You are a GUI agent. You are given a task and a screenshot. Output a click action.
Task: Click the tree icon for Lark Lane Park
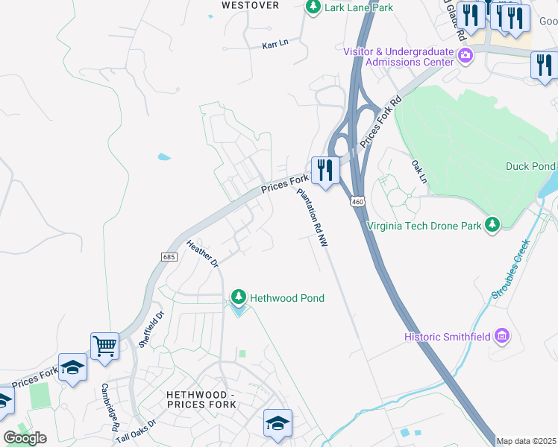tap(313, 7)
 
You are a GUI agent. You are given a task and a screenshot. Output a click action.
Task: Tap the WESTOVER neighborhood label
tap(251, 5)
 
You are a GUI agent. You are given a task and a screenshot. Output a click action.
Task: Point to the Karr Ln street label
tap(275, 45)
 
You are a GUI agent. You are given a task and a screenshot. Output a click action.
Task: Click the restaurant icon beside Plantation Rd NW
tap(325, 169)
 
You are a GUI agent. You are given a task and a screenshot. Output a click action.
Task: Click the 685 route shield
tap(169, 256)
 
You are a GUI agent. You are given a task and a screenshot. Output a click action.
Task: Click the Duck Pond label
tap(530, 166)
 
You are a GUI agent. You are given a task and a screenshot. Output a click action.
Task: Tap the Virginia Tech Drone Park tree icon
tap(492, 224)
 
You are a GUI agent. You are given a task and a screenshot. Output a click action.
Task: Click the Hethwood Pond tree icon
tap(238, 298)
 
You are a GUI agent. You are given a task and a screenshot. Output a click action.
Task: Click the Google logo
tap(25, 438)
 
